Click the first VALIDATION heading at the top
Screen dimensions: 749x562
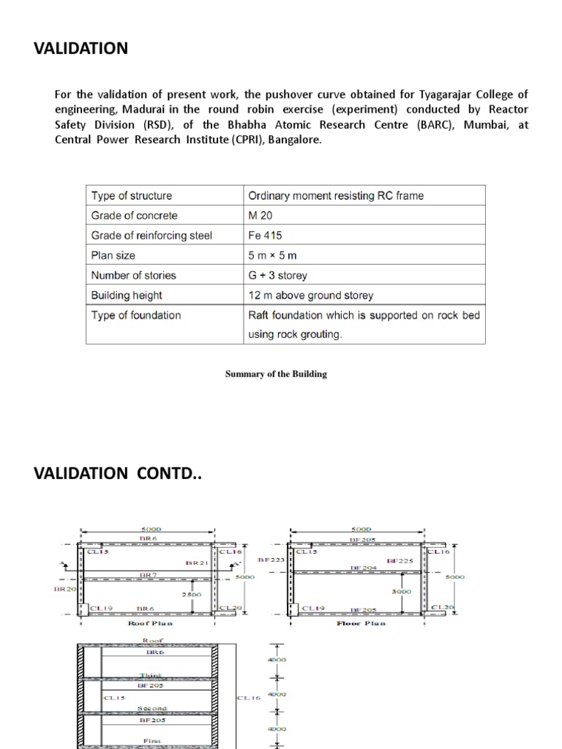80,49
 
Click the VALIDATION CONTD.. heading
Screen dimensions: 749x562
117,473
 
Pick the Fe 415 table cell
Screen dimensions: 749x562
266,236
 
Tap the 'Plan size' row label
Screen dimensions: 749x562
113,255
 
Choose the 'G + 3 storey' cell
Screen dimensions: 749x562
278,276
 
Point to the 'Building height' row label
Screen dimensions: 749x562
127,296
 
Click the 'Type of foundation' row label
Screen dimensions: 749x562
136,315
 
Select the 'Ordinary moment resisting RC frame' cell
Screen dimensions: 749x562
336,196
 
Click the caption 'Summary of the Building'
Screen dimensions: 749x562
276,374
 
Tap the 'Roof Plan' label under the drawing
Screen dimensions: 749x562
150,623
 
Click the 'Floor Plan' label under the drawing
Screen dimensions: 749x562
361,623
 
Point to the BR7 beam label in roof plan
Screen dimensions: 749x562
149,576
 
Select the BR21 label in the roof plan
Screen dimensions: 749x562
198,564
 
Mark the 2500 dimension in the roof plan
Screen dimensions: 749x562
192,595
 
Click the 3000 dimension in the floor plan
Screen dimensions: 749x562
401,591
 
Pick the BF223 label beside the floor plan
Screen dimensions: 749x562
271,560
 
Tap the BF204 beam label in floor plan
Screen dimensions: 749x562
364,568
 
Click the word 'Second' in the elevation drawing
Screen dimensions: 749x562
152,709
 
